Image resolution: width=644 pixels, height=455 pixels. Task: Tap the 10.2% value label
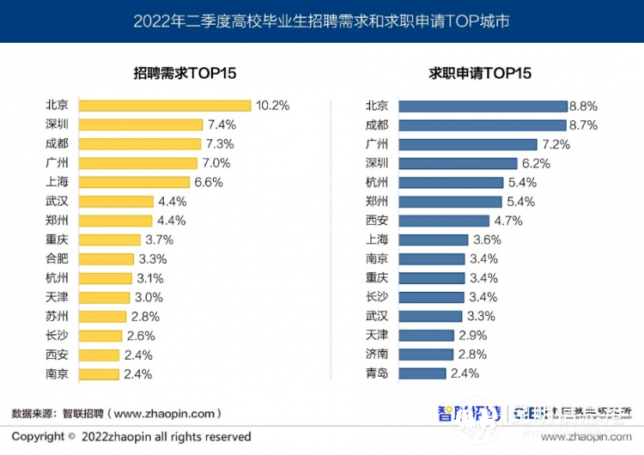point(272,106)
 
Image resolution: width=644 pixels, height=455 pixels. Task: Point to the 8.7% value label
point(583,124)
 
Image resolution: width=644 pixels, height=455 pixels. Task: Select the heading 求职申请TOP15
point(480,73)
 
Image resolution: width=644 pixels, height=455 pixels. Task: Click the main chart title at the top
point(321,21)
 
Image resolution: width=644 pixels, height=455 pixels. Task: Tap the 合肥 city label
point(58,258)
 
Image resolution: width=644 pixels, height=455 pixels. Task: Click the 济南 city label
point(377,354)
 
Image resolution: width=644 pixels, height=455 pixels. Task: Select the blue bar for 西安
point(445,221)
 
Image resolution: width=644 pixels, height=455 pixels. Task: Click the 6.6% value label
point(209,182)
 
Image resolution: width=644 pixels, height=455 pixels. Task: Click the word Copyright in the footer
point(39,436)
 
